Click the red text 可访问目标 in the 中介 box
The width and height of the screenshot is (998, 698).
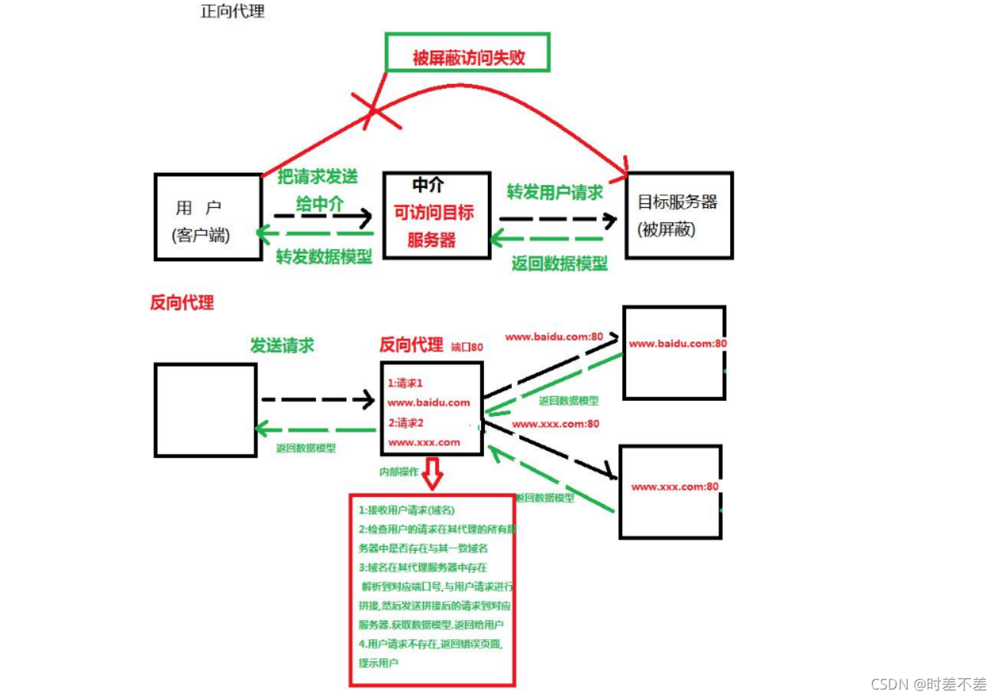[x=433, y=212]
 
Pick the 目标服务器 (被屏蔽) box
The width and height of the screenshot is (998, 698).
[x=677, y=215]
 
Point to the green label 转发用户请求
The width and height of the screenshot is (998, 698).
[x=555, y=192]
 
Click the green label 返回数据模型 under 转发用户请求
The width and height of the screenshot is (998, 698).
[x=559, y=264]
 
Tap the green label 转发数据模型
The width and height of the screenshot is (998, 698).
[x=324, y=257]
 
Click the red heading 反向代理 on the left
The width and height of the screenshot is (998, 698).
[x=182, y=302]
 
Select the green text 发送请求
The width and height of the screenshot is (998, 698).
[x=282, y=345]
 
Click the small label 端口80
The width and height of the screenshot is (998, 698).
[x=467, y=347]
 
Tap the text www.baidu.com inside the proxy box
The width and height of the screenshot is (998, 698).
[x=428, y=402]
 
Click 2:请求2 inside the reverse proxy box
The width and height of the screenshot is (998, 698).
[x=405, y=422]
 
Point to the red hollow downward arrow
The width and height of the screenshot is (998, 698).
[x=433, y=473]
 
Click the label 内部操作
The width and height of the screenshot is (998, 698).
[x=399, y=472]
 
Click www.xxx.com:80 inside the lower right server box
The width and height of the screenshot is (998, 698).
[x=674, y=486]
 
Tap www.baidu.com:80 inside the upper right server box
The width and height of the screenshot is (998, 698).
[x=677, y=344]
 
